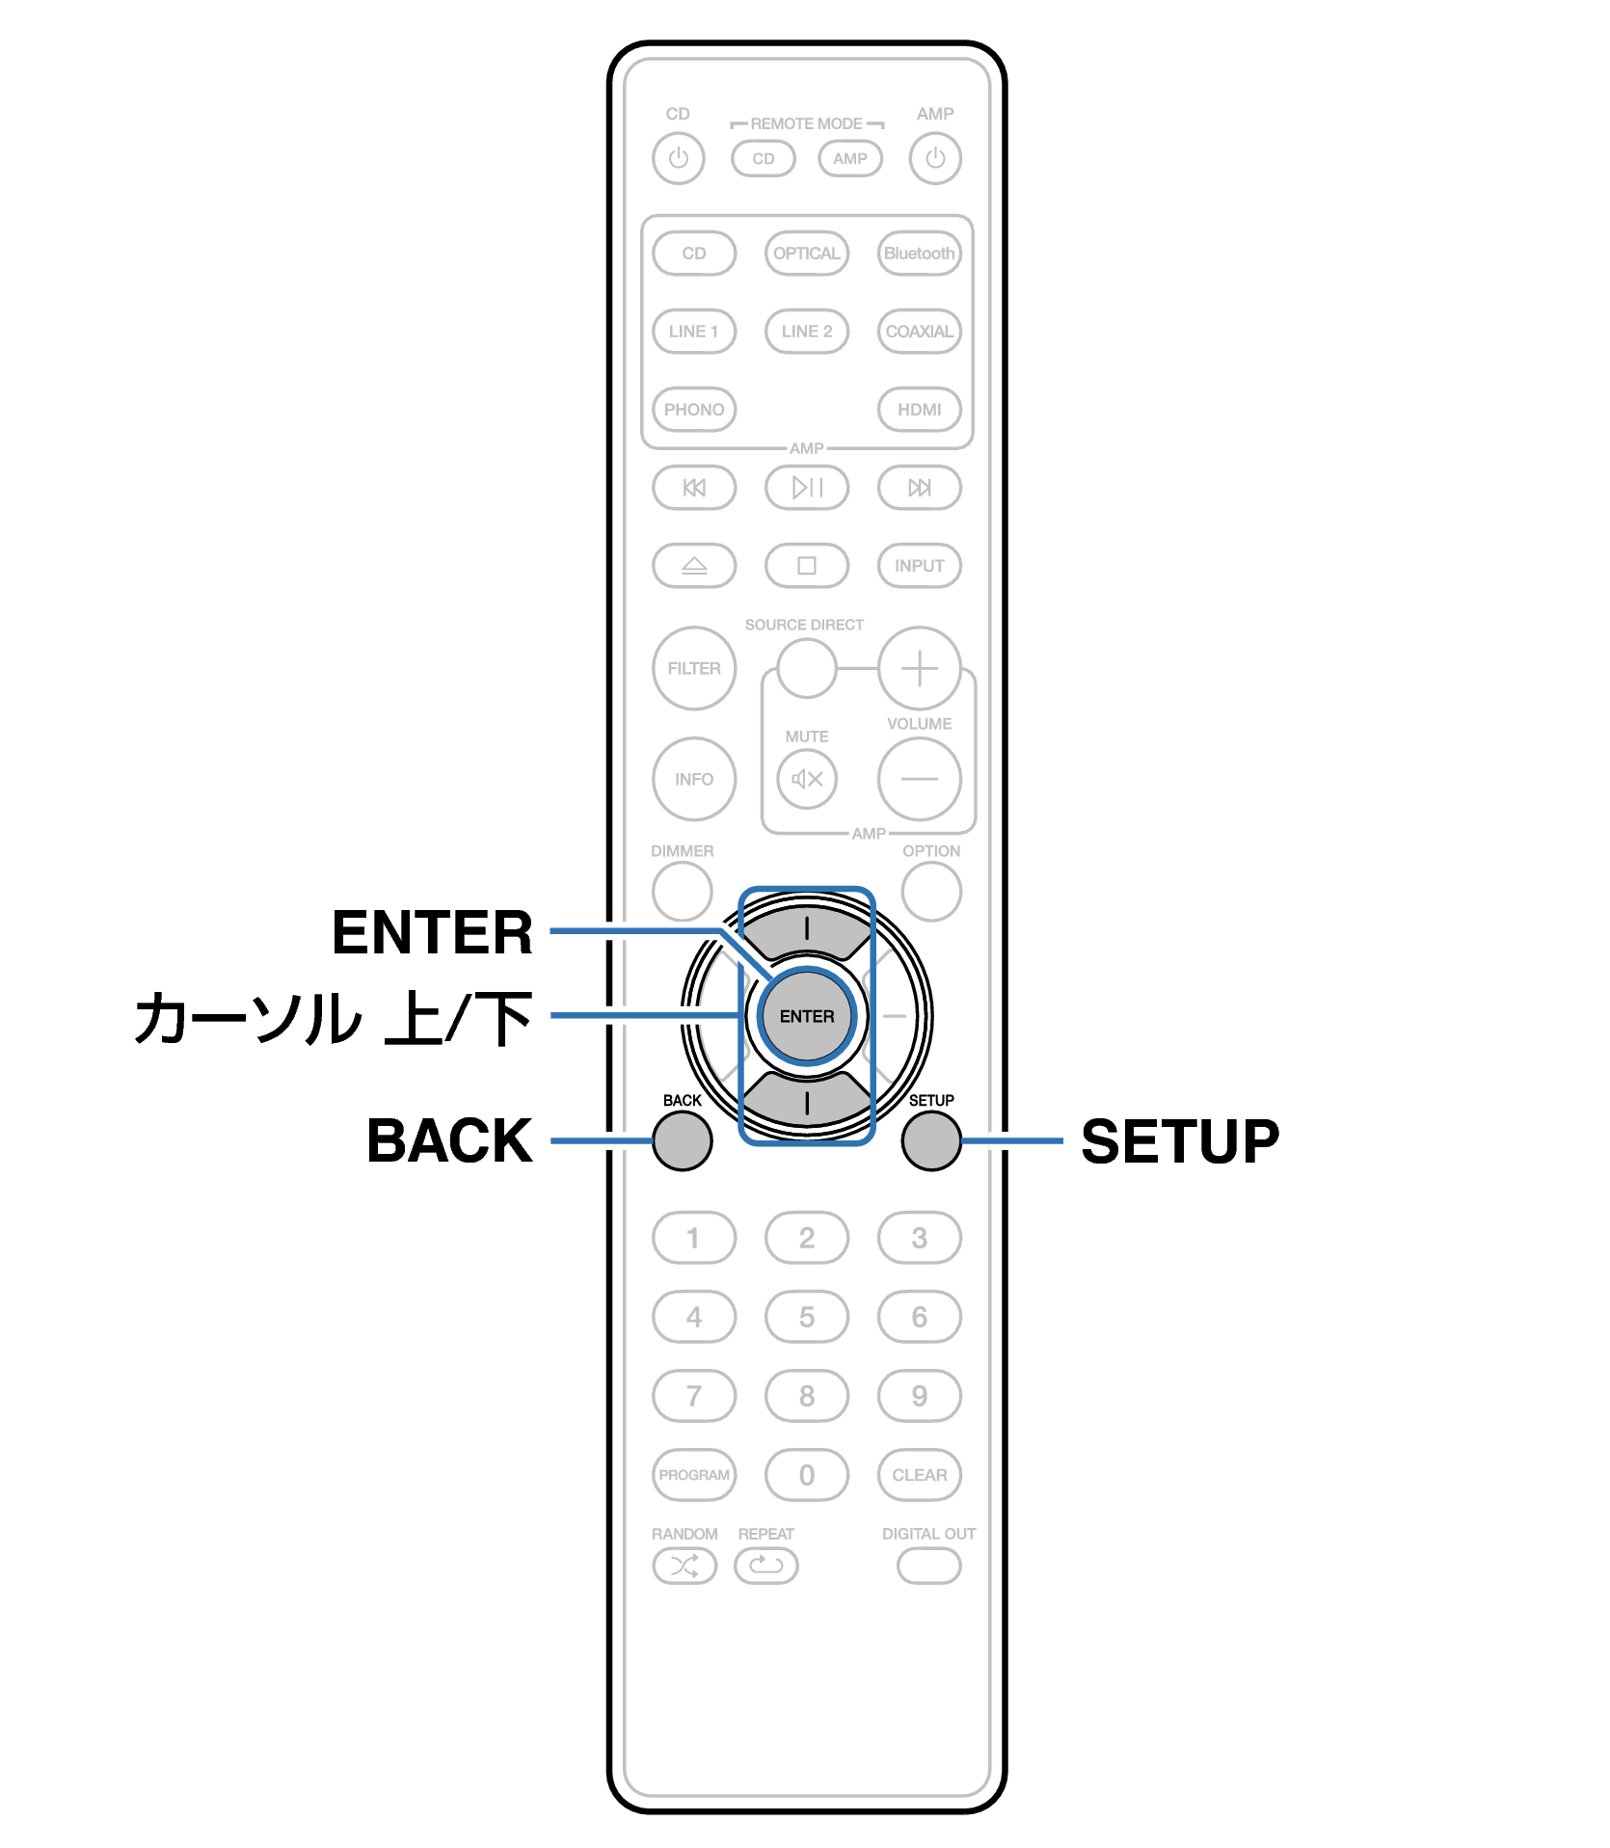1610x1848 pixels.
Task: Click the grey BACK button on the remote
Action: pyautogui.click(x=682, y=1140)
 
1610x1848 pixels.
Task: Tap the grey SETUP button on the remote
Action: pyautogui.click(x=931, y=1140)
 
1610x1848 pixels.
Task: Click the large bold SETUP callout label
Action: pyautogui.click(x=1180, y=1141)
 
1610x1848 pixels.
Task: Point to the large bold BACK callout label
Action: pyautogui.click(x=449, y=1141)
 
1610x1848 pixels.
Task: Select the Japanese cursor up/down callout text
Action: pyautogui.click(x=334, y=1018)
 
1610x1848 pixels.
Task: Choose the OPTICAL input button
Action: pyautogui.click(x=807, y=254)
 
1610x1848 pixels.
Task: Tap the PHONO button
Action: pyautogui.click(x=694, y=410)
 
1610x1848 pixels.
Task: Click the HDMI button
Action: pyautogui.click(x=920, y=410)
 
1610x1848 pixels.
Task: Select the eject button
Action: pyautogui.click(x=694, y=566)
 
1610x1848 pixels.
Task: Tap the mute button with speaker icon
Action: pyautogui.click(x=807, y=779)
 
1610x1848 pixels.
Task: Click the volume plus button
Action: pyautogui.click(x=920, y=668)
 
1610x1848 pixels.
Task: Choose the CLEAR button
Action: pyautogui.click(x=920, y=1475)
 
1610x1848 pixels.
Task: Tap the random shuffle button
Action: pyautogui.click(x=684, y=1566)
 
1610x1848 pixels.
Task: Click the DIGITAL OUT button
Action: pyautogui.click(x=929, y=1566)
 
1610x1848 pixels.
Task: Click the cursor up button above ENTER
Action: pyautogui.click(x=807, y=929)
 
